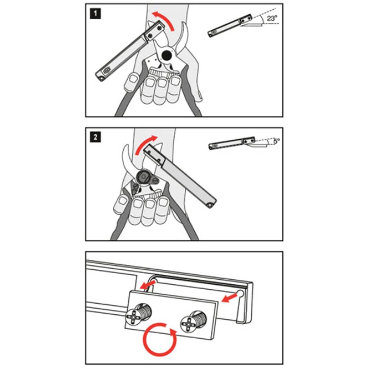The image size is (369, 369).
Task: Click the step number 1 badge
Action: tap(95, 13)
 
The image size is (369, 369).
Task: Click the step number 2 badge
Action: tap(95, 137)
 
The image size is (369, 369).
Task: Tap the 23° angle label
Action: tap(272, 18)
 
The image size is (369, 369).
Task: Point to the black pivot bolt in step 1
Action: tap(167, 56)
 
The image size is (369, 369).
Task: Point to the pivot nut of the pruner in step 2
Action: tap(144, 176)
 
